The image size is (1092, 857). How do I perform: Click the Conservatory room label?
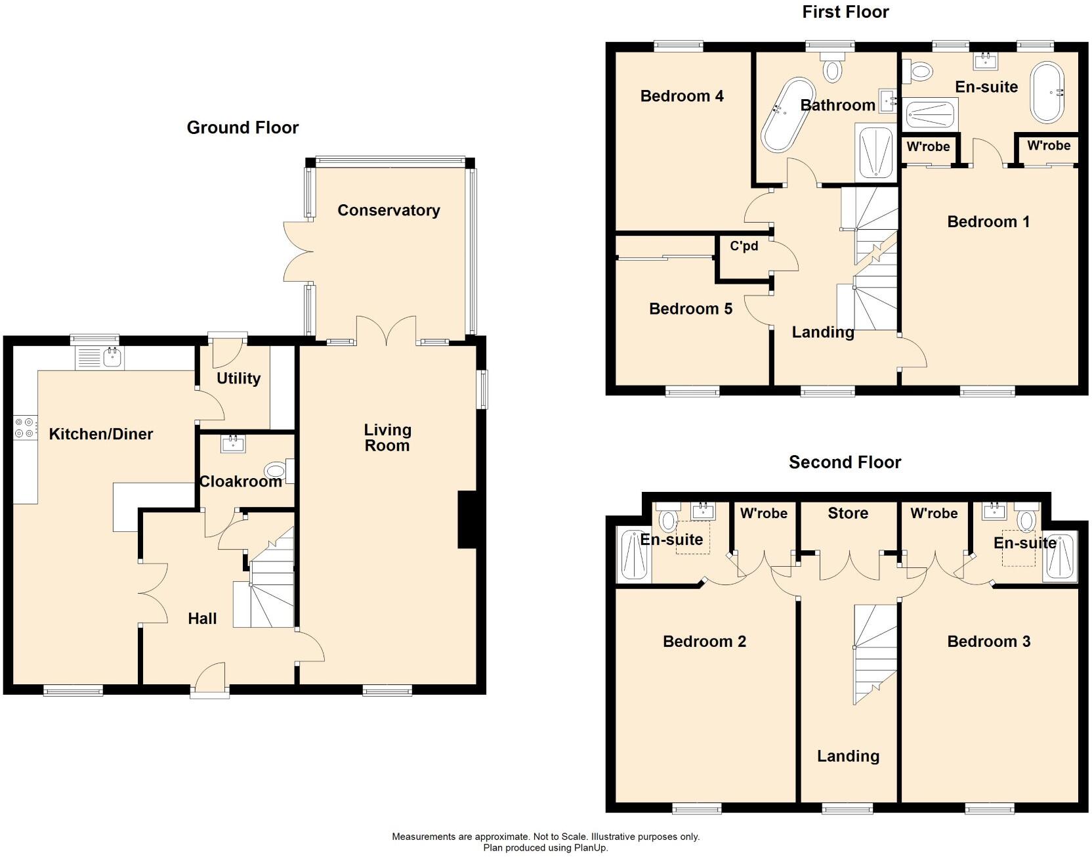[x=388, y=210]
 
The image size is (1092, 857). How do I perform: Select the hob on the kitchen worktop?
[x=26, y=428]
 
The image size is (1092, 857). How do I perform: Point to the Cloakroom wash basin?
[x=233, y=445]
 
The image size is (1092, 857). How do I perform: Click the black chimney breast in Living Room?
[x=467, y=519]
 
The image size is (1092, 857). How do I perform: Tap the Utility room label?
[x=238, y=378]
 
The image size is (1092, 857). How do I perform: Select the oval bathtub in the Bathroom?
[x=787, y=115]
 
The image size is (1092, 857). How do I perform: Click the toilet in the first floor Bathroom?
[x=833, y=68]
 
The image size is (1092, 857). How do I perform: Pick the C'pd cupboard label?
[x=744, y=246]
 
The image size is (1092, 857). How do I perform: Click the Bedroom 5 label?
[x=690, y=309]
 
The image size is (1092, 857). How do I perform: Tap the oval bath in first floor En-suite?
[x=1047, y=93]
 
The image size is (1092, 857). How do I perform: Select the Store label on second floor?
[x=848, y=513]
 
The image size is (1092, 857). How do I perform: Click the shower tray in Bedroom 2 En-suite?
[x=635, y=555]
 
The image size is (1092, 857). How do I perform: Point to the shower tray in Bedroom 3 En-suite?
[x=1060, y=556]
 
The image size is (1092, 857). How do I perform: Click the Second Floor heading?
[x=845, y=462]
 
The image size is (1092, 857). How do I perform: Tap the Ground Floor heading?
[x=242, y=127]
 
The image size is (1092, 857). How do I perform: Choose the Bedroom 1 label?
[x=988, y=222]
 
